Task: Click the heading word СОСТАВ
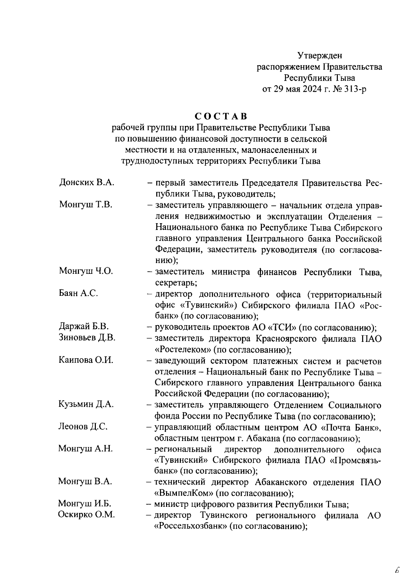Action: (x=221, y=116)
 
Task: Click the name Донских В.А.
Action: (x=87, y=183)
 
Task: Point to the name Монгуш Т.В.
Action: (x=86, y=205)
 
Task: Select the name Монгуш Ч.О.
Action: (x=86, y=271)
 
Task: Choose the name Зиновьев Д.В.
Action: (x=87, y=337)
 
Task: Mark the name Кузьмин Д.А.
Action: (x=86, y=404)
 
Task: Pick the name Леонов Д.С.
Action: (x=83, y=426)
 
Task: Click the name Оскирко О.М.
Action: (x=86, y=515)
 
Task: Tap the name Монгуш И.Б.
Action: (x=85, y=503)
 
